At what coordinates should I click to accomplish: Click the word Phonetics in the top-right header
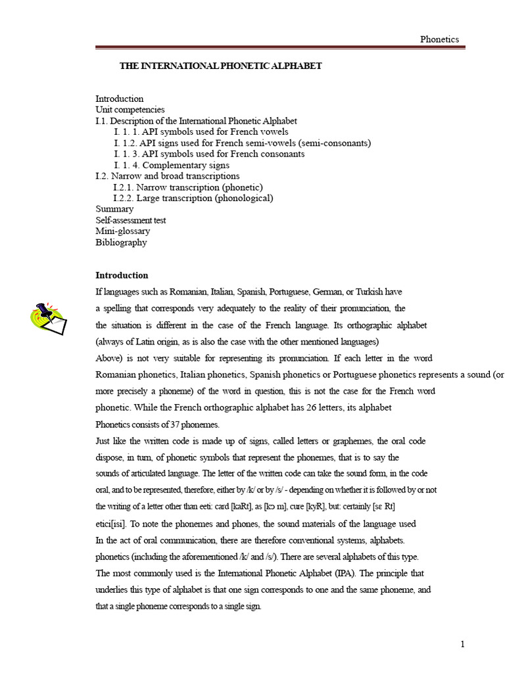click(x=440, y=39)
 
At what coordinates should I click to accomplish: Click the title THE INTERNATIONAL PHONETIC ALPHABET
click(x=220, y=66)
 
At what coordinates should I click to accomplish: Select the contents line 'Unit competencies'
click(x=130, y=110)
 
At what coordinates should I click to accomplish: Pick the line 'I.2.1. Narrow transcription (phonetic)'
click(x=188, y=187)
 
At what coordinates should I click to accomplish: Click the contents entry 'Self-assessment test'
click(x=131, y=220)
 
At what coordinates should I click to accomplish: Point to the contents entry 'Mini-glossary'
click(x=123, y=231)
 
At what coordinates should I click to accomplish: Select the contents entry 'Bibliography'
click(x=121, y=243)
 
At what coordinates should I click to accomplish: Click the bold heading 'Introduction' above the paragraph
click(x=122, y=275)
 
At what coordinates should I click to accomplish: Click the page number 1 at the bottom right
click(x=463, y=644)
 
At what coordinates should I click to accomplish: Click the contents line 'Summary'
click(x=114, y=209)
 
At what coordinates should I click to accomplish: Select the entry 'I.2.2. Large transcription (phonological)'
click(x=193, y=198)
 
